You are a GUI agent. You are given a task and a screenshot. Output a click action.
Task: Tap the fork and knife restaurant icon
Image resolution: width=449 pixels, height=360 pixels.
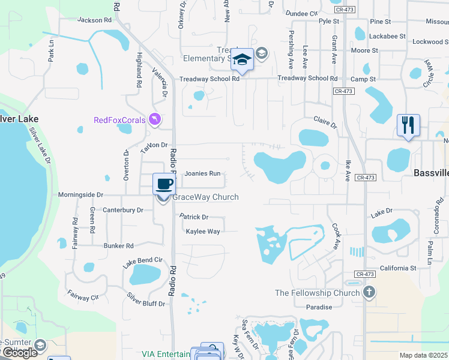pyautogui.click(x=408, y=125)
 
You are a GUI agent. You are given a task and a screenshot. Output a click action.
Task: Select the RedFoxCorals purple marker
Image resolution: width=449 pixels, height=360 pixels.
pyautogui.click(x=155, y=120)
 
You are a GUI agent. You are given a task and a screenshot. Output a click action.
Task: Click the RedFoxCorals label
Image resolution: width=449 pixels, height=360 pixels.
pyautogui.click(x=119, y=120)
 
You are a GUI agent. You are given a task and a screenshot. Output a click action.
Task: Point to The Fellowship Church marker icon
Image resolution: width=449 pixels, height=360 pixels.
pyautogui.click(x=369, y=293)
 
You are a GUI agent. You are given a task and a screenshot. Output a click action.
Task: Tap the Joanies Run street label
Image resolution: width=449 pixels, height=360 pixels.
pyautogui.click(x=202, y=173)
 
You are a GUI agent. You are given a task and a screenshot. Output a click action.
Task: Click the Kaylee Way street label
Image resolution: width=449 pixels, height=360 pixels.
pyautogui.click(x=203, y=231)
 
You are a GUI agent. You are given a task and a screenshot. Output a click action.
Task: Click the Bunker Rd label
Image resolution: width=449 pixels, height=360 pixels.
pyautogui.click(x=118, y=245)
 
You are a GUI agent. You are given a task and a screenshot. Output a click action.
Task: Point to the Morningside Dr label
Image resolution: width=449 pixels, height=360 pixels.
pyautogui.click(x=81, y=195)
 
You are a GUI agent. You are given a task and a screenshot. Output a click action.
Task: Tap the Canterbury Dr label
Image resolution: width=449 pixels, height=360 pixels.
pyautogui.click(x=123, y=210)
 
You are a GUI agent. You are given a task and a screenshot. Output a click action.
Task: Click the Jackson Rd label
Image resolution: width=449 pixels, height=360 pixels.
pyautogui.click(x=95, y=20)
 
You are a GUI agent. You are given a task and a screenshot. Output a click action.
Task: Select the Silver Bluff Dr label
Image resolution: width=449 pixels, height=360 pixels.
pyautogui.click(x=146, y=300)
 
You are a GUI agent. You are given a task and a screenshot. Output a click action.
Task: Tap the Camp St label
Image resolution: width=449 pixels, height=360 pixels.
pyautogui.click(x=363, y=79)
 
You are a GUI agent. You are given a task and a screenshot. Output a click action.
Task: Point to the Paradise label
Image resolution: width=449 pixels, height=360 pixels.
pyautogui.click(x=319, y=307)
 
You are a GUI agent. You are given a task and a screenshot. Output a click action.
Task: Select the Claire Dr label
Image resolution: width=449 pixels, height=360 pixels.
pyautogui.click(x=325, y=122)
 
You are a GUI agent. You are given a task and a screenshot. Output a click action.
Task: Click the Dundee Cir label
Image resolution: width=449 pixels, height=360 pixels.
pyautogui.click(x=301, y=13)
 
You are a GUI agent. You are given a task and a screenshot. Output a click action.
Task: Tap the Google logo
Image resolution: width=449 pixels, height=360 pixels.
pyautogui.click(x=20, y=352)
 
